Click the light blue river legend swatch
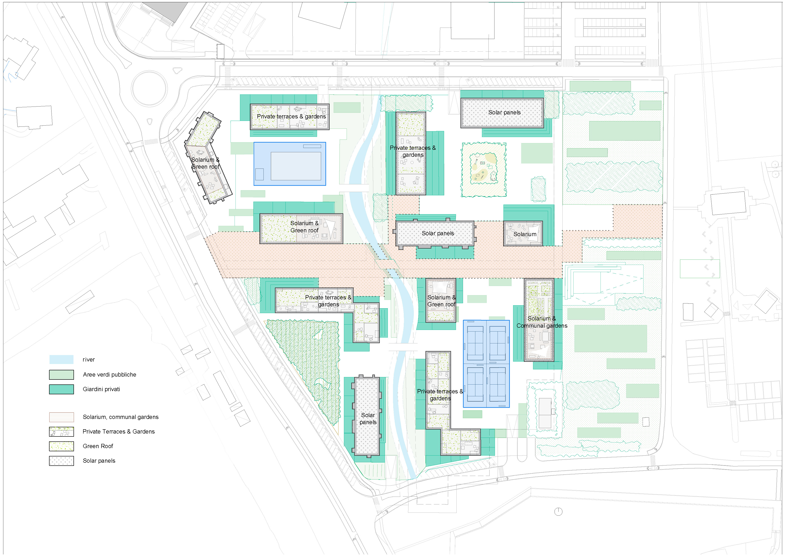click(61, 359)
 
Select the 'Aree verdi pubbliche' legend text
click(109, 374)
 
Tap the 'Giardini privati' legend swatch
click(61, 389)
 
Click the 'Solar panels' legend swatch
click(61, 461)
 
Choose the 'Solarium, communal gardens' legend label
click(121, 417)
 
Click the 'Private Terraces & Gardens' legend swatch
click(61, 432)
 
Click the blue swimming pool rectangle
click(290, 164)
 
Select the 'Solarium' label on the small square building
click(525, 234)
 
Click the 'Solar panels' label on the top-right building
click(504, 112)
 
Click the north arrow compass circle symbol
click(558, 512)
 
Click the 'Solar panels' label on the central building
click(438, 233)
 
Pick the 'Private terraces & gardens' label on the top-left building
click(291, 116)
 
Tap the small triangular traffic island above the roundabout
click(177, 71)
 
